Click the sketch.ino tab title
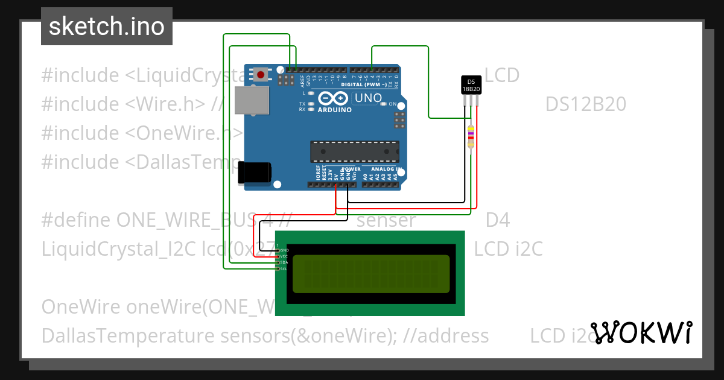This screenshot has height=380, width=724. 107,27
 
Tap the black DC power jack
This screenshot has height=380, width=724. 255,173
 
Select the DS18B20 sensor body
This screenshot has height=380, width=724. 471,85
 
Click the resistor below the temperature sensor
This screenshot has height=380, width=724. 471,136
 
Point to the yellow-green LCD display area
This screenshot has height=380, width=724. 371,274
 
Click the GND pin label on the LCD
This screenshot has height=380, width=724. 284,250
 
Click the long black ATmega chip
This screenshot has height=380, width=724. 354,151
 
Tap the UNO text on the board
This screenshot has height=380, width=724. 368,98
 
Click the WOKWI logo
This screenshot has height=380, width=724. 641,333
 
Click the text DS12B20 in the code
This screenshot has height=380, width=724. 585,105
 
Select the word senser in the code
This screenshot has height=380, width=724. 386,220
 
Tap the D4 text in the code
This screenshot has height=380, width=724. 498,220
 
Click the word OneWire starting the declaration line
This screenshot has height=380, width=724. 81,306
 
